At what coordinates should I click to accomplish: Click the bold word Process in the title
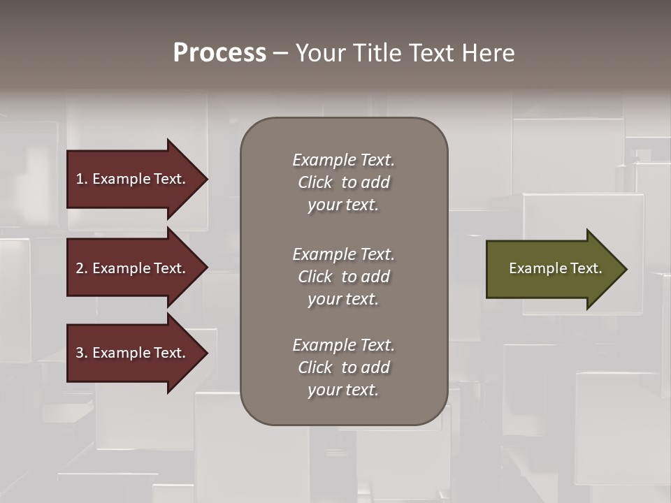(x=219, y=53)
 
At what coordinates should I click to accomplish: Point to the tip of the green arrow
(x=624, y=268)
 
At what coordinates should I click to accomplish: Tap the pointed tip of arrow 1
(x=205, y=179)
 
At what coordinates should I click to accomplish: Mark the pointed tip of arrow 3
(x=205, y=353)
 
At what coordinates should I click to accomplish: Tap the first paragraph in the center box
(x=343, y=182)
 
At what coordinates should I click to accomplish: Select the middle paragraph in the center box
(x=343, y=277)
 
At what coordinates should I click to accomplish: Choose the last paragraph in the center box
(x=343, y=367)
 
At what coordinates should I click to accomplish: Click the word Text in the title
(x=431, y=53)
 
